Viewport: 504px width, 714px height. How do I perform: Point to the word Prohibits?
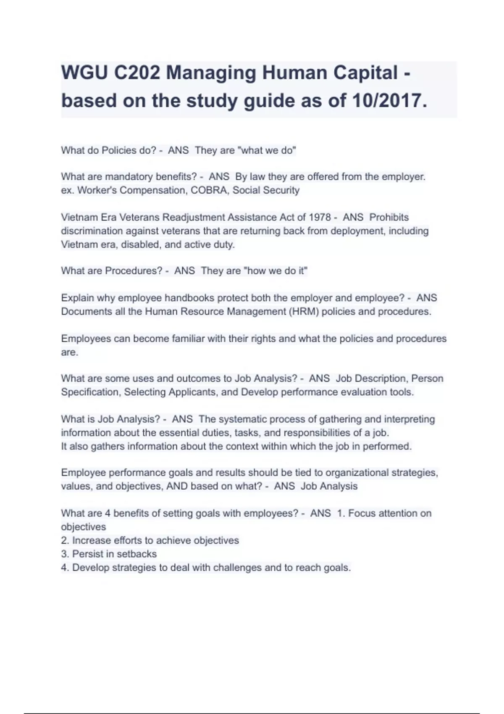tap(389, 218)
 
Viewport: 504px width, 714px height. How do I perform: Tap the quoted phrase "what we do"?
tap(267, 150)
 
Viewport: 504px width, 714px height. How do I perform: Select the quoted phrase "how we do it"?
tap(276, 271)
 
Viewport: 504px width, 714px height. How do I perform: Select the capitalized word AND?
tap(177, 486)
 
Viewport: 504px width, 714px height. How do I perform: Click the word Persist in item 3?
tap(88, 554)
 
